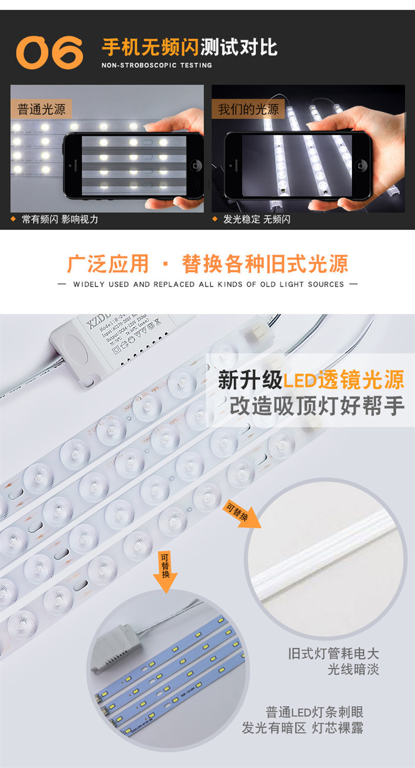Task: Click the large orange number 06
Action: [x=49, y=52]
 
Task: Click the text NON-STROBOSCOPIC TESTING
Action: [x=156, y=65]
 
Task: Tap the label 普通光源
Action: [x=41, y=109]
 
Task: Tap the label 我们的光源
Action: [x=248, y=109]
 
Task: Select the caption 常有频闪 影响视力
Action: [x=59, y=220]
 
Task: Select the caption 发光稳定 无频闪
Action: [x=256, y=220]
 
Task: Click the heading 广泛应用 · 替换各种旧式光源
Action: [x=207, y=264]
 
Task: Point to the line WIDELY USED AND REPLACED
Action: [x=207, y=284]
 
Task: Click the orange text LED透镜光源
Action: [x=344, y=380]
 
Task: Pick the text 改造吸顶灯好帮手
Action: [x=316, y=406]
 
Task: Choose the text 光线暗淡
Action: [x=353, y=669]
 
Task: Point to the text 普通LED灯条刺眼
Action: [x=314, y=713]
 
